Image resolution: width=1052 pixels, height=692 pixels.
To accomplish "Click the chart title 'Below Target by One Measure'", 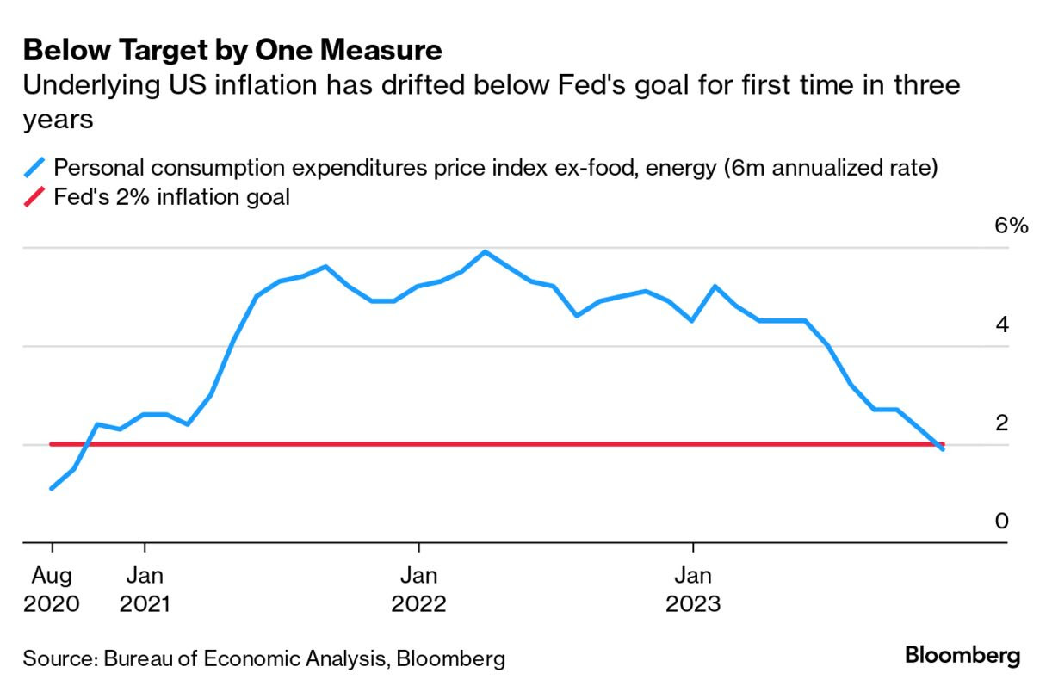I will point(232,51).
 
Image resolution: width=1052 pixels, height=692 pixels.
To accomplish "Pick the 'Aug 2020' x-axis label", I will point(52,588).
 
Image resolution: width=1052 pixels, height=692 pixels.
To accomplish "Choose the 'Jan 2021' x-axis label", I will point(145,588).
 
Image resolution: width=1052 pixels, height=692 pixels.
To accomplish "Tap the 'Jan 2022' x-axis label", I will point(419,588).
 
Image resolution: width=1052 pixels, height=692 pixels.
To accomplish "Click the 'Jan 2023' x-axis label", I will point(693,588).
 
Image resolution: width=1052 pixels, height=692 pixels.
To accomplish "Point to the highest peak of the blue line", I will point(486,252).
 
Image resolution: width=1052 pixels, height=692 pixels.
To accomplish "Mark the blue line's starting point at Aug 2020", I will point(53,488).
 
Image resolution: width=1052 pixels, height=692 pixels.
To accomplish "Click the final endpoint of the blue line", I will point(944,449).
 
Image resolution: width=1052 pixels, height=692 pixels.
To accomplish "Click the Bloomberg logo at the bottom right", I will point(962,656).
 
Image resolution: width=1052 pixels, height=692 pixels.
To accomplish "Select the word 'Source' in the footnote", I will point(57,659).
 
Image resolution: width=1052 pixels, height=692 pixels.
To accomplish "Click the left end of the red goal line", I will point(52,444).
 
